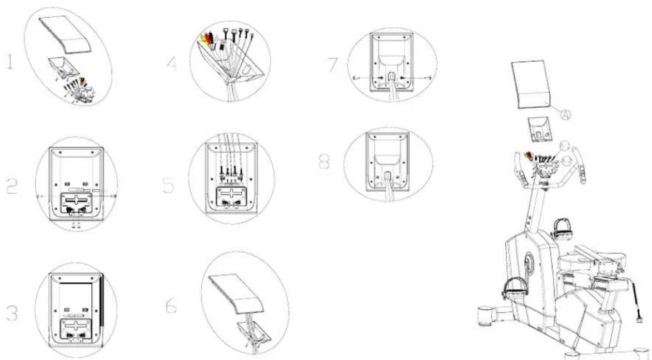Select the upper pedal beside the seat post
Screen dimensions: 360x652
[x=559, y=225]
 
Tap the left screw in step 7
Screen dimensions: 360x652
[x=357, y=78]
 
